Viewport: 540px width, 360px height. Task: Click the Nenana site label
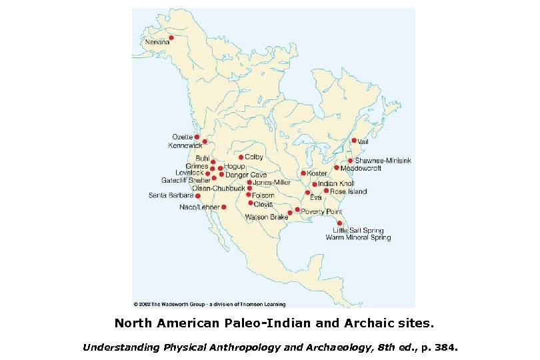[158, 42]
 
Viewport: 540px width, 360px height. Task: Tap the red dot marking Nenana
[171, 37]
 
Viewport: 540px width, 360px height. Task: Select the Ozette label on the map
[183, 137]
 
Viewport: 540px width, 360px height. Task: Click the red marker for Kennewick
[205, 141]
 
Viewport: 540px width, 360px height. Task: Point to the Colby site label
[254, 157]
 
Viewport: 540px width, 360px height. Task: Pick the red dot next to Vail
[354, 140]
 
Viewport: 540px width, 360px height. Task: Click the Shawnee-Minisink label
[383, 161]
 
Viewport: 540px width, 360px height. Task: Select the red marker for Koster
[303, 173]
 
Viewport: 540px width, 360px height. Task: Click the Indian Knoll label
[336, 184]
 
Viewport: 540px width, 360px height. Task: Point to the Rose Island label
[348, 191]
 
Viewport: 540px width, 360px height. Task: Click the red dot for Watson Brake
[290, 213]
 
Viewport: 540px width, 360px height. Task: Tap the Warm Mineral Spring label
[358, 237]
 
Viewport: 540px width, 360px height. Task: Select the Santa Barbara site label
[171, 196]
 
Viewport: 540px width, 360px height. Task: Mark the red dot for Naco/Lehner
[224, 207]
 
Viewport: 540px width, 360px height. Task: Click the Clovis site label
[263, 203]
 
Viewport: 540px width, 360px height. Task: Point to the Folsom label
[263, 195]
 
